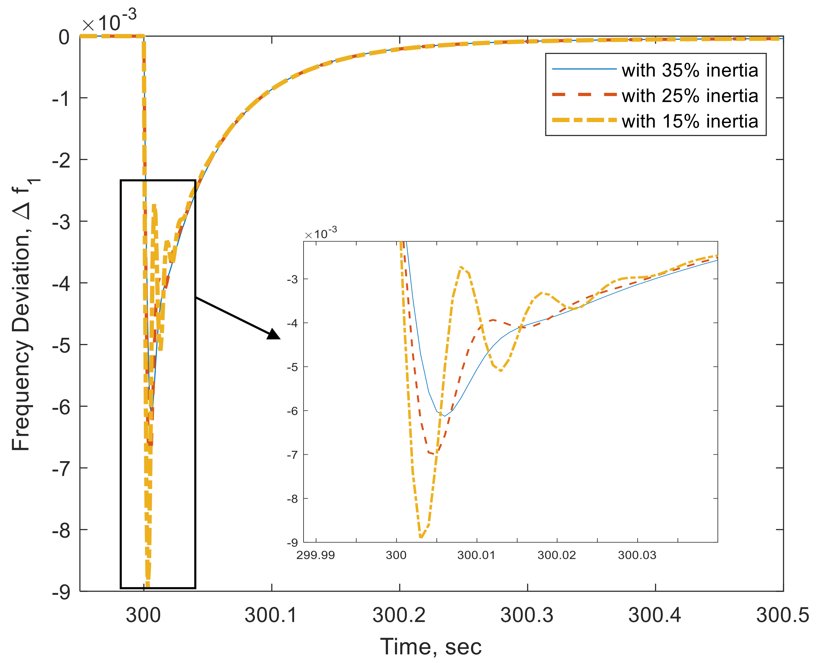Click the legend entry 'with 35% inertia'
690,70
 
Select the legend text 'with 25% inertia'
690,95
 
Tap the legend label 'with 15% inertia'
690,121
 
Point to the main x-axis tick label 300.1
271,615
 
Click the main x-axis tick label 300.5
782,615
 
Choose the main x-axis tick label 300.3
527,615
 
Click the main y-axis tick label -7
61,468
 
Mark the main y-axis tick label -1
61,99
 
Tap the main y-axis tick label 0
64,37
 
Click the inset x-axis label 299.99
316,555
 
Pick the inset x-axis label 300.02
556,555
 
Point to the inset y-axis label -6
292,411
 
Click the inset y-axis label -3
292,279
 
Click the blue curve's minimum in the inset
444,416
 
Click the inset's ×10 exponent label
321,233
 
